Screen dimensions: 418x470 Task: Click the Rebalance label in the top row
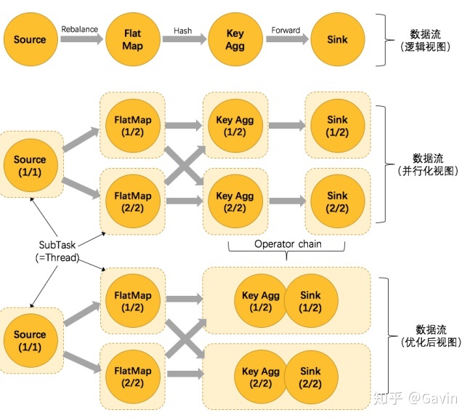pyautogui.click(x=80, y=30)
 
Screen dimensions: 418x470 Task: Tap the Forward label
pyautogui.click(x=285, y=30)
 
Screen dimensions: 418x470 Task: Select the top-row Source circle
pyautogui.click(x=30, y=40)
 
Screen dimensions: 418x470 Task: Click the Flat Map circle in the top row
pyautogui.click(x=132, y=40)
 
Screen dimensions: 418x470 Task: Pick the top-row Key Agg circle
pyautogui.click(x=235, y=40)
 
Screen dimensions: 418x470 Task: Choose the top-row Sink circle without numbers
pyautogui.click(x=337, y=40)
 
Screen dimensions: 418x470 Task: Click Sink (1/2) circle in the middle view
pyautogui.click(x=337, y=125)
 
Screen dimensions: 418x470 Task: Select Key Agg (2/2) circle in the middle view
pyautogui.click(x=235, y=201)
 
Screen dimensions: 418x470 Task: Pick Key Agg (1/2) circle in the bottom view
pyautogui.click(x=260, y=301)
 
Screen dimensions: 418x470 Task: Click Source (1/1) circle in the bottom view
pyautogui.click(x=30, y=340)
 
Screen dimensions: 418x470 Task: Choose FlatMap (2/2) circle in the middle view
pyautogui.click(x=132, y=201)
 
